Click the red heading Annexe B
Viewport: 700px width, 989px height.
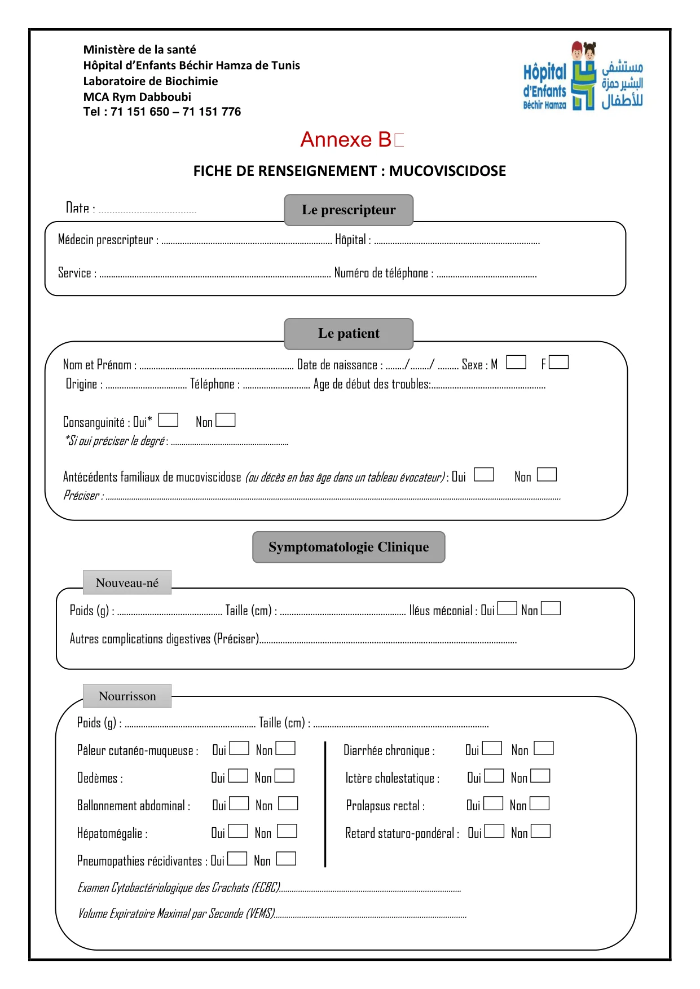(x=345, y=139)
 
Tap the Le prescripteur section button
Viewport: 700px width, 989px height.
(x=349, y=210)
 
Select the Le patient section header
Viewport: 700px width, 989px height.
(x=349, y=333)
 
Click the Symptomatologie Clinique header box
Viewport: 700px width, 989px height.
(x=349, y=547)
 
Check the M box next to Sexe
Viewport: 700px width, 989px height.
(x=516, y=362)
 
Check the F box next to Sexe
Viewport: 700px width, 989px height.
(x=558, y=362)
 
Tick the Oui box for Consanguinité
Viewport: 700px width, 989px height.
(x=168, y=420)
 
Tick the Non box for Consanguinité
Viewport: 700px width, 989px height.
(x=226, y=420)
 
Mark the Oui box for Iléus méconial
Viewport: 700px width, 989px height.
(x=507, y=608)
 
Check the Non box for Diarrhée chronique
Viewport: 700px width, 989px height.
(x=544, y=748)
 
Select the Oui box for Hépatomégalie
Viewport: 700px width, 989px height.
(x=237, y=831)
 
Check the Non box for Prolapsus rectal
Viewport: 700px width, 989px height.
(x=539, y=803)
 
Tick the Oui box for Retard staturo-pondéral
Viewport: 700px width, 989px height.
(x=494, y=831)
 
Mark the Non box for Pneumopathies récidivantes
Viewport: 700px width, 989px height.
(x=286, y=859)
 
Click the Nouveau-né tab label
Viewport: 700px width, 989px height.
(x=127, y=582)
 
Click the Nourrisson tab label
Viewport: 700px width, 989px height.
(x=127, y=696)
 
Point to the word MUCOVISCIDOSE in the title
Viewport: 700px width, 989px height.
(x=447, y=171)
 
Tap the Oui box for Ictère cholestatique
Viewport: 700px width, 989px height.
(x=494, y=776)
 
